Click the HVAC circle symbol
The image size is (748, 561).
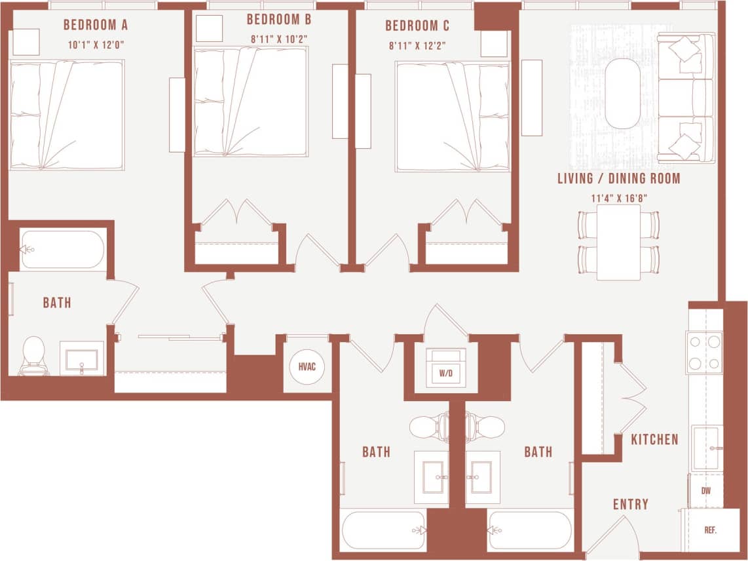(307, 367)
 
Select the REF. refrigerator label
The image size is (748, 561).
(710, 530)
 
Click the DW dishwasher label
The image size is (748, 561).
(705, 490)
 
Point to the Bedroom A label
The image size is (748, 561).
(96, 26)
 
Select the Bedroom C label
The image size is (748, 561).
(417, 26)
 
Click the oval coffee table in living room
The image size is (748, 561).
(623, 93)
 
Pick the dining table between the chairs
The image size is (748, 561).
(618, 242)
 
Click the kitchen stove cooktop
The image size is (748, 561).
(704, 352)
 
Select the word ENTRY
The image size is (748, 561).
(630, 504)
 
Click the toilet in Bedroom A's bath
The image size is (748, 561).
(33, 355)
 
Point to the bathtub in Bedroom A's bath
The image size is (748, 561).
(62, 249)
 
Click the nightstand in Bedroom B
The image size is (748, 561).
(210, 28)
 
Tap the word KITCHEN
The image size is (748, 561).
(654, 440)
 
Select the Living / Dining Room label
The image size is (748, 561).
(619, 178)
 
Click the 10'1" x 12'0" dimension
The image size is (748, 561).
(95, 46)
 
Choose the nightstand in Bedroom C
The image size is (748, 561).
(494, 44)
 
